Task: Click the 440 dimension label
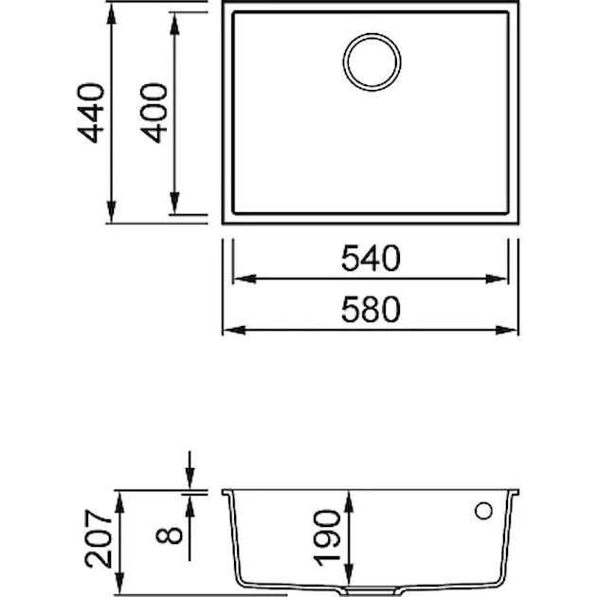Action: point(91,113)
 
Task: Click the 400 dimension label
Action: point(154,113)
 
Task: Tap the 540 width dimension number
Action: point(371,258)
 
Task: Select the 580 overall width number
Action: point(371,310)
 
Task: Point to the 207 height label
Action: point(99,539)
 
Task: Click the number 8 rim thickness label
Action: point(169,535)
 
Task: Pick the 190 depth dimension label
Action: point(327,538)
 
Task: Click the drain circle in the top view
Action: point(371,62)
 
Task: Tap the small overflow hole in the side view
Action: point(483,511)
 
